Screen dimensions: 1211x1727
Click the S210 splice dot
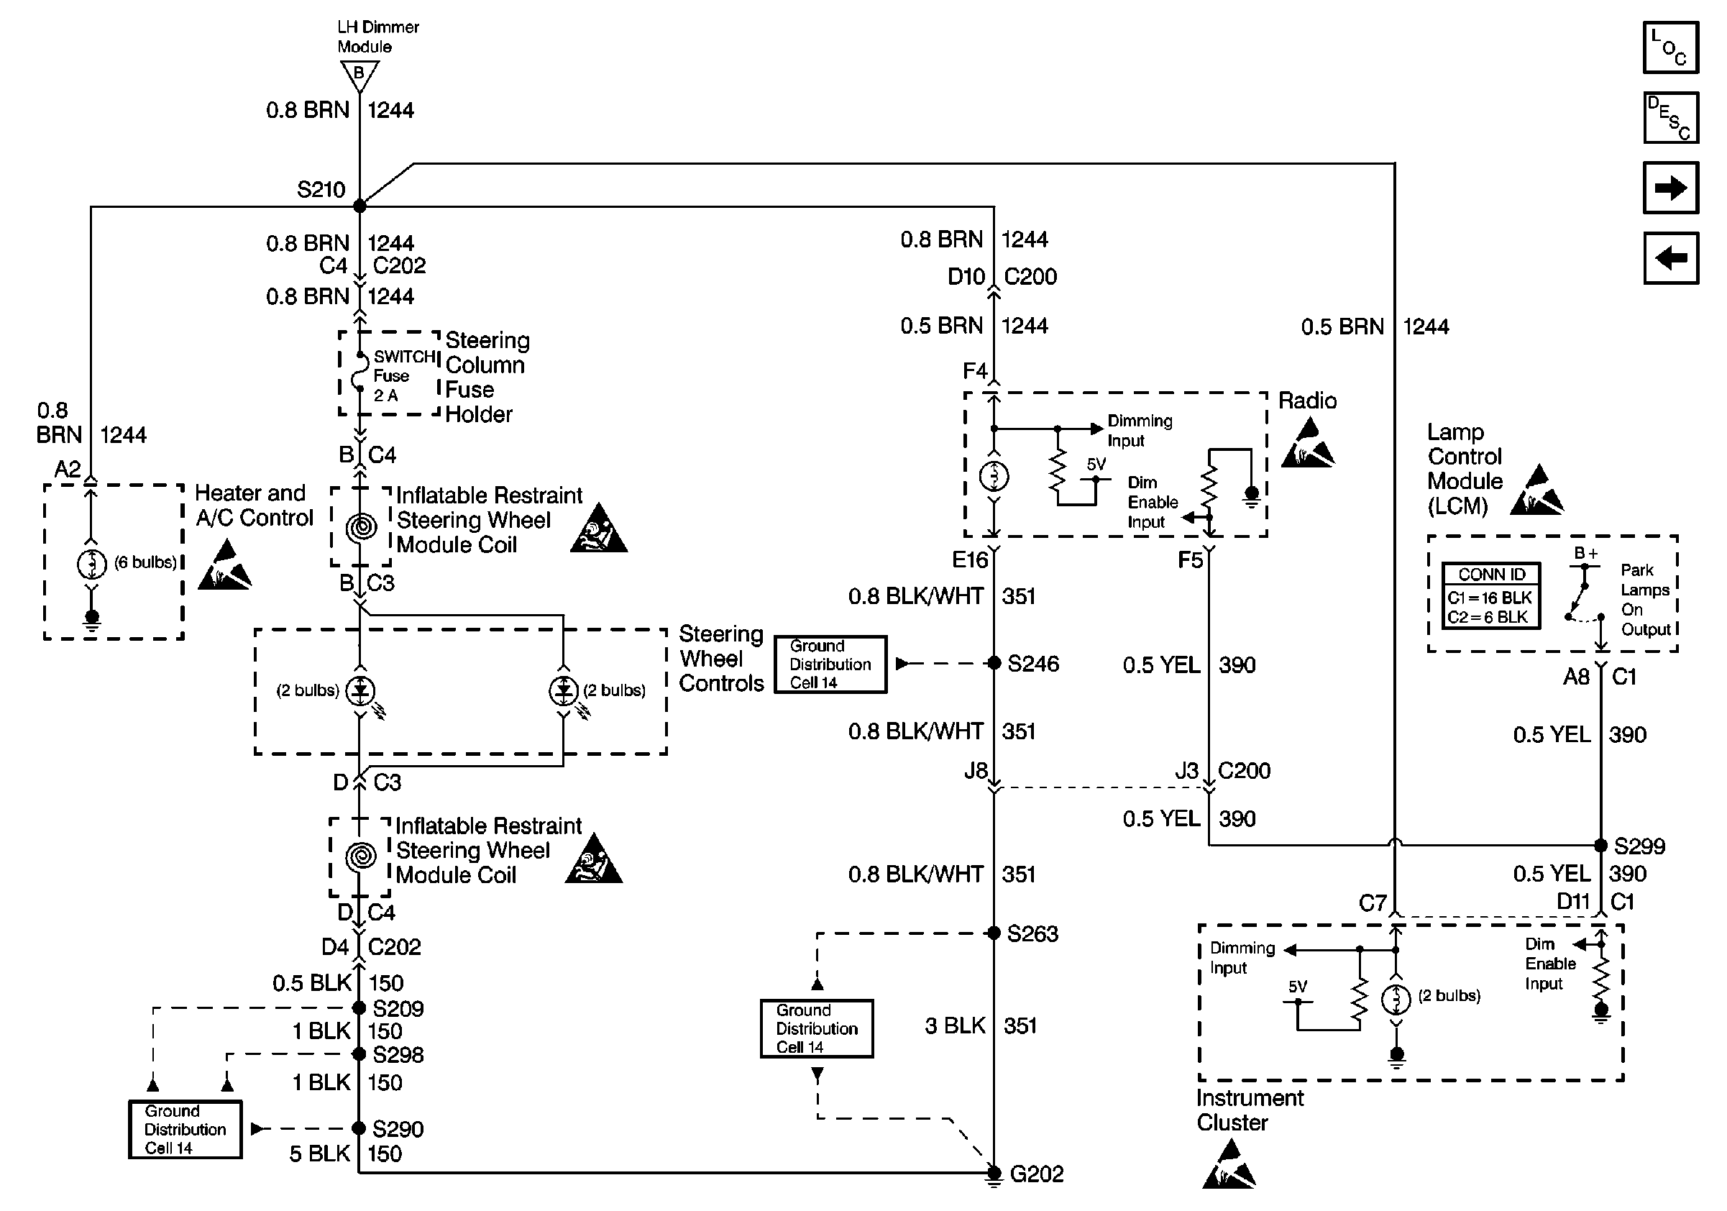359,206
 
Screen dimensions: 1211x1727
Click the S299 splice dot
1601,845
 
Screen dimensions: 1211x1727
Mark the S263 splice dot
994,933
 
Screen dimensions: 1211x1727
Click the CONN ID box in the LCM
1491,595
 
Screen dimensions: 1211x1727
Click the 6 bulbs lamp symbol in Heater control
92,563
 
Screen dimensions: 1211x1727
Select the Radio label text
1307,400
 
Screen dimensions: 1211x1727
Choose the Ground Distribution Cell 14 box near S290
185,1129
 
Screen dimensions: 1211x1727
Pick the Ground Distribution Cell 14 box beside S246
830,664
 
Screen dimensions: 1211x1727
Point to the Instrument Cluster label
1249,1110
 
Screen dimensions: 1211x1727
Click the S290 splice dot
359,1128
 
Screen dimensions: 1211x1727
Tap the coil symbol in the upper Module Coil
361,526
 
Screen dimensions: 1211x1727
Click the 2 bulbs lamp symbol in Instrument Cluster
1396,999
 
